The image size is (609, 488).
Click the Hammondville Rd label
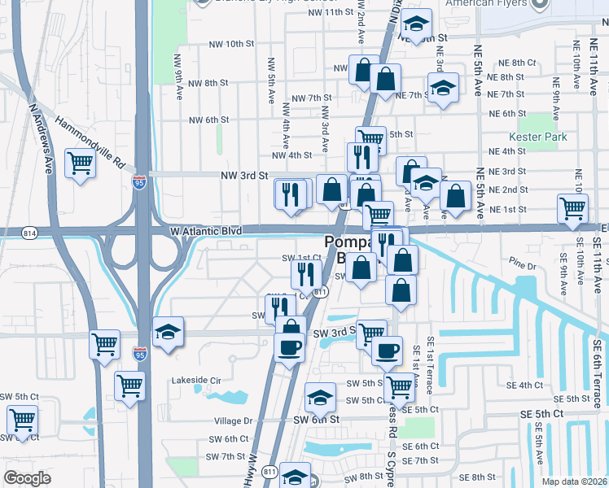pos(90,141)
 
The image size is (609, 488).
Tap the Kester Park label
pos(537,137)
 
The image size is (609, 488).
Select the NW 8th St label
pos(208,83)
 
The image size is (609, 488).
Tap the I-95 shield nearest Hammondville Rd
pos(141,180)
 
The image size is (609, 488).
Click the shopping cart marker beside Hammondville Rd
pos(81,164)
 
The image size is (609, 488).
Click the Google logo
pos(28,478)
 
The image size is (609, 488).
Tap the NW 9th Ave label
pos(178,72)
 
